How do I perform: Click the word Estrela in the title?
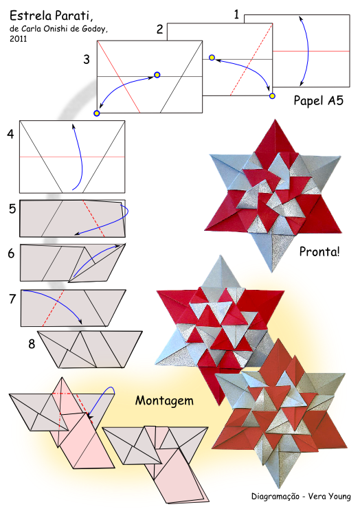[x=31, y=15]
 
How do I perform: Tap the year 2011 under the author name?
[x=19, y=38]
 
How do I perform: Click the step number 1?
[x=236, y=14]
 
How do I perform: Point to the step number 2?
[x=159, y=30]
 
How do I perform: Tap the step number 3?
[x=87, y=59]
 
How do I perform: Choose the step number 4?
[x=10, y=134]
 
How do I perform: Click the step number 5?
[x=12, y=209]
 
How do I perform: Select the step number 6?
[x=12, y=253]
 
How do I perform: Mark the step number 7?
[x=12, y=299]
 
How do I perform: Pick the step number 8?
[x=32, y=343]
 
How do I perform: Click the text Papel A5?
[x=318, y=100]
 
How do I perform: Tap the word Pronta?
[x=319, y=251]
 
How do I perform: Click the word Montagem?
[x=164, y=400]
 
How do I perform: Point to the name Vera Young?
[x=329, y=497]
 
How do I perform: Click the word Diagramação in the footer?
[x=275, y=497]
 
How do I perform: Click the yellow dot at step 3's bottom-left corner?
[x=96, y=113]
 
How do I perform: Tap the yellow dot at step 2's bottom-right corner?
[x=272, y=96]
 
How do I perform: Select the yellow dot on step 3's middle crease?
[x=157, y=75]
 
